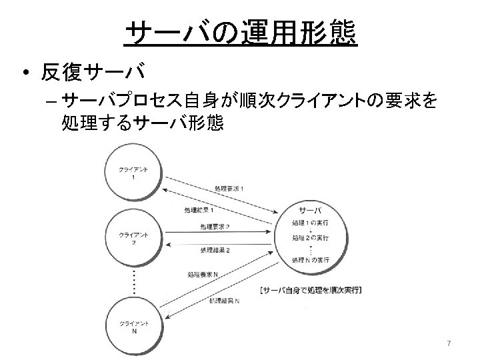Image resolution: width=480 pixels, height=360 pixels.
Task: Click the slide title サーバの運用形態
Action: point(241,33)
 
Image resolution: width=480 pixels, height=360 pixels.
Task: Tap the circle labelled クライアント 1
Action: point(133,175)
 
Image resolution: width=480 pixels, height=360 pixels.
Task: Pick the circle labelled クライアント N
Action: point(133,327)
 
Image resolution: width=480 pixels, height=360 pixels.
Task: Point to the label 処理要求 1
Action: point(229,189)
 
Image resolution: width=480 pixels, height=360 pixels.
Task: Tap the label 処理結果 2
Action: point(215,250)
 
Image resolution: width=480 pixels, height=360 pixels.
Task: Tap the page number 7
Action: point(449,343)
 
